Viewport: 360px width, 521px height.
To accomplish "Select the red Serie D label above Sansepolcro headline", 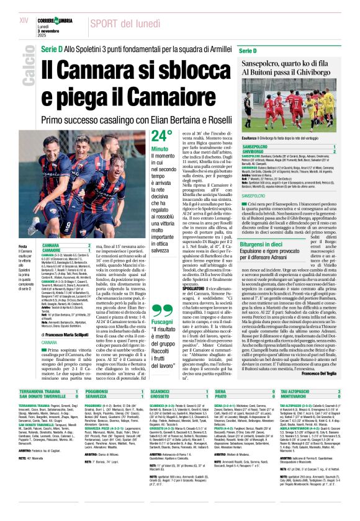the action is click(x=247, y=50).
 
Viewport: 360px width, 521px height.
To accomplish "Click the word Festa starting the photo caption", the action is click(x=23, y=245).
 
